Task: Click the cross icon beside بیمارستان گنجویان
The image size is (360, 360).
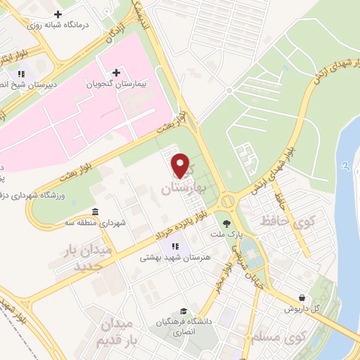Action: click(x=116, y=72)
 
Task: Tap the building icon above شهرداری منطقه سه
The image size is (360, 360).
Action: click(x=96, y=212)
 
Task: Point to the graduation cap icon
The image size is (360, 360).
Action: click(x=183, y=311)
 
